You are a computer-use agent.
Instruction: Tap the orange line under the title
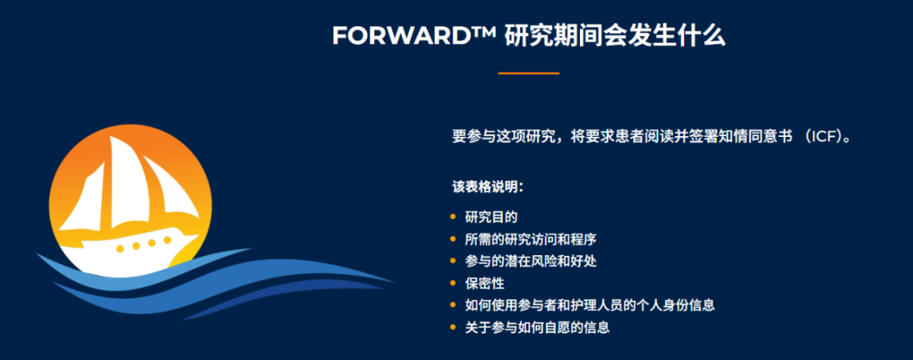(528, 74)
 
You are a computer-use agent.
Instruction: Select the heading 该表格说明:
(488, 187)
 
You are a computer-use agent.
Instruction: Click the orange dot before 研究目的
(453, 218)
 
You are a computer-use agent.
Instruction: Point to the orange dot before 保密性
(453, 284)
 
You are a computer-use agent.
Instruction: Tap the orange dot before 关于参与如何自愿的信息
(453, 328)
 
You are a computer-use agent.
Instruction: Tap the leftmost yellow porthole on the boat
(119, 248)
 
